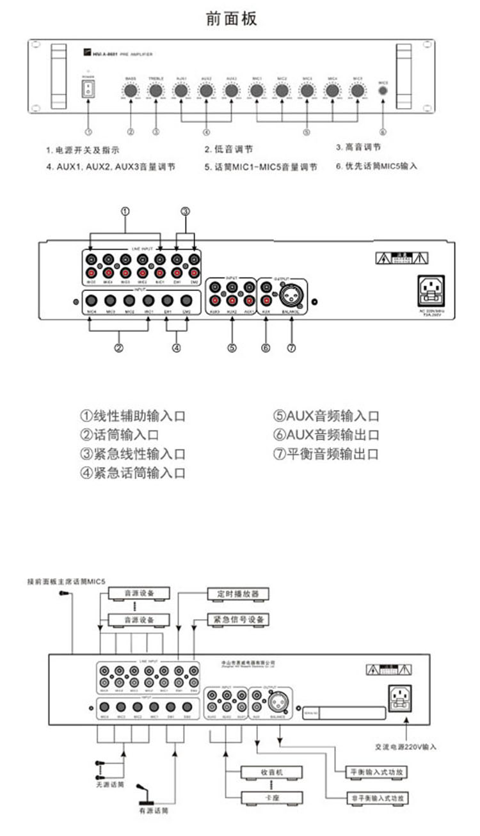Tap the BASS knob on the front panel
[x=131, y=91]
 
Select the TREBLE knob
[x=156, y=91]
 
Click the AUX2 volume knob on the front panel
[x=206, y=91]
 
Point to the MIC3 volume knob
[x=307, y=91]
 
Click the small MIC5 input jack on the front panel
[x=383, y=91]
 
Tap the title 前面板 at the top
[x=232, y=19]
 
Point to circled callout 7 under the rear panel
[x=292, y=348]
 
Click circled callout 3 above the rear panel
[x=186, y=212]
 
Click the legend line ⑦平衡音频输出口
[x=326, y=454]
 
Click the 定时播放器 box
[x=237, y=594]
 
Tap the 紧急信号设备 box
[x=237, y=620]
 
